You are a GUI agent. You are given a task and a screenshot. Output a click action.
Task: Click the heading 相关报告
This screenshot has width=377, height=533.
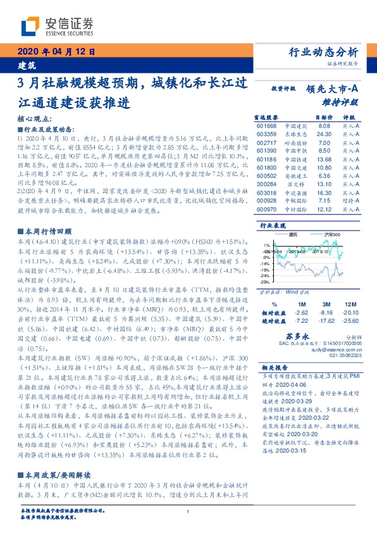(x=275, y=367)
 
